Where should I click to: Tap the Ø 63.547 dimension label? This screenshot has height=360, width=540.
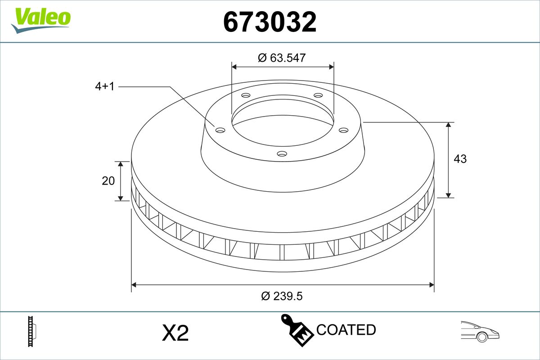point(282,58)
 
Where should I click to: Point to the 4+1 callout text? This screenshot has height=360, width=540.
point(105,86)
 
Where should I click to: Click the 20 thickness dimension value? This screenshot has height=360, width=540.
point(108,181)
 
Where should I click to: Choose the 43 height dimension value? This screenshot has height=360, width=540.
point(460,159)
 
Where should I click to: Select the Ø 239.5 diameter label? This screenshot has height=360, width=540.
point(282,296)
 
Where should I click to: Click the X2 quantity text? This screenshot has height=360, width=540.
point(175,333)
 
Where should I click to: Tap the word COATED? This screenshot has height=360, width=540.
point(346,330)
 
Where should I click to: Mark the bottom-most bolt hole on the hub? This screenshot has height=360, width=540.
point(282,154)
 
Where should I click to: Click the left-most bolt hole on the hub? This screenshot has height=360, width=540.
point(220,130)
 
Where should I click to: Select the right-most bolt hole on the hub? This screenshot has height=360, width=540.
point(344,130)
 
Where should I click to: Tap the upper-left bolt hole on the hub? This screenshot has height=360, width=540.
point(246,95)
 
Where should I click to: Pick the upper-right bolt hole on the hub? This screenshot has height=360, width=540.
point(318,95)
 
